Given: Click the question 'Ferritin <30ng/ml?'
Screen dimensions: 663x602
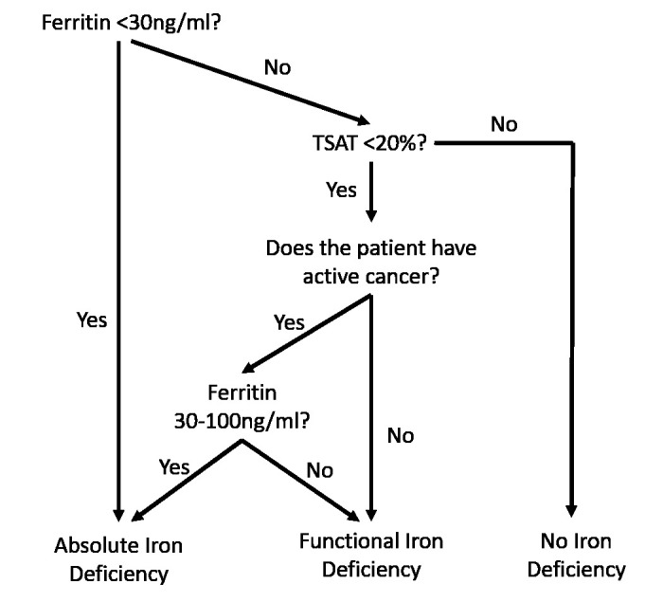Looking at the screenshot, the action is click(x=131, y=21).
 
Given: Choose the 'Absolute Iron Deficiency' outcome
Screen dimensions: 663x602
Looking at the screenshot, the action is click(x=118, y=559).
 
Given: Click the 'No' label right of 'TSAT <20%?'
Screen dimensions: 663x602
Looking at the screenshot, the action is click(x=504, y=124).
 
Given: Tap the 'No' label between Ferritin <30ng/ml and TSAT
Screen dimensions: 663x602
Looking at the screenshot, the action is click(x=277, y=67).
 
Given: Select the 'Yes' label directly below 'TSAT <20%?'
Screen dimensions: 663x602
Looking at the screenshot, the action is click(x=341, y=190).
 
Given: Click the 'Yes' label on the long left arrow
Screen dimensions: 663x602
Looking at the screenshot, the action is click(x=92, y=319).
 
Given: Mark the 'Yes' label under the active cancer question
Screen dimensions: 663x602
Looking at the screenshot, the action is click(x=289, y=322).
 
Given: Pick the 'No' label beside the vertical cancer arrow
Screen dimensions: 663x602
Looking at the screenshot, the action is click(x=401, y=436).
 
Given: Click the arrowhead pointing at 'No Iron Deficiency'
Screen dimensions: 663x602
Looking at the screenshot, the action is click(x=573, y=512).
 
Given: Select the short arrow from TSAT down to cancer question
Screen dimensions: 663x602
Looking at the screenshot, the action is click(x=371, y=197).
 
